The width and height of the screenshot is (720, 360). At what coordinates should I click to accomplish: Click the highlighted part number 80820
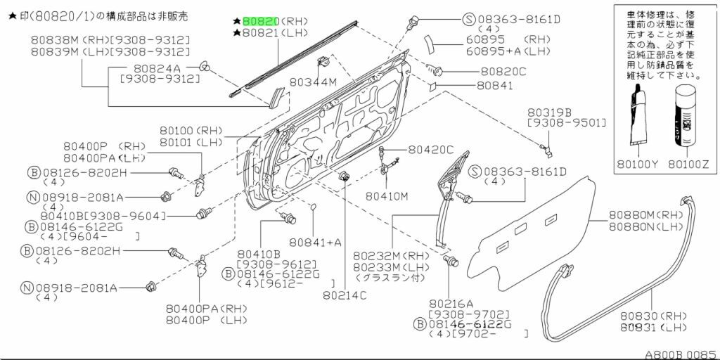point(261,21)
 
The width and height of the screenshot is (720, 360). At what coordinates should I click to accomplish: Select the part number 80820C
point(503,71)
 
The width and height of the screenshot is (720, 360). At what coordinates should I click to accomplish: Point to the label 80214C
point(345,295)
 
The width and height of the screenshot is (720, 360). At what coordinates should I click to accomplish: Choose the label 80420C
point(431,150)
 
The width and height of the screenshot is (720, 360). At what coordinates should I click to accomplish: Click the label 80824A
point(157,67)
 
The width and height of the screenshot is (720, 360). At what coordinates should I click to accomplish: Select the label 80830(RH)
point(642,316)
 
